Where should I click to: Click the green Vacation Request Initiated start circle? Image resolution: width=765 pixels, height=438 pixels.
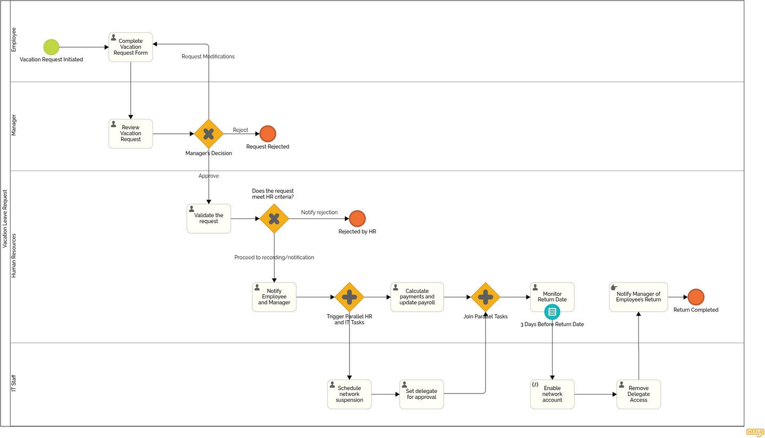point(51,47)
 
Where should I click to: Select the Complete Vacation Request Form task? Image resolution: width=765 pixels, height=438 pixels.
point(131,47)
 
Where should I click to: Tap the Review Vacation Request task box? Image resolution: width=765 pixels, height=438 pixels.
point(131,134)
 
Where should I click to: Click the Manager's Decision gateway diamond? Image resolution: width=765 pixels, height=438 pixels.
point(209,134)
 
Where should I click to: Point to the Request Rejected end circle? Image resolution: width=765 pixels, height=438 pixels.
point(268,134)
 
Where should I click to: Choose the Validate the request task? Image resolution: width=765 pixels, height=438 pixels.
point(209,219)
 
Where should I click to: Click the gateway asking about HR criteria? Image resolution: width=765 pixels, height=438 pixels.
point(274,219)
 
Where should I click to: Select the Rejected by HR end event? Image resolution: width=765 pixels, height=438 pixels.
point(357,219)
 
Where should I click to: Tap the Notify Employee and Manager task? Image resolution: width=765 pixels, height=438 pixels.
point(274,297)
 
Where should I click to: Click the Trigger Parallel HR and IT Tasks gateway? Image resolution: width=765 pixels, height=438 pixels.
point(349,297)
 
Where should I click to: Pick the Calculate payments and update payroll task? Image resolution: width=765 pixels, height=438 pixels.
point(417,297)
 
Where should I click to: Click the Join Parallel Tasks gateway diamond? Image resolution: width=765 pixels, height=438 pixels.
point(486,297)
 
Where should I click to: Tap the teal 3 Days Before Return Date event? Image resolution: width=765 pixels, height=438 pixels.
point(552,312)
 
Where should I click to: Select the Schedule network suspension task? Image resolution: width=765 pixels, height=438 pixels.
point(349,394)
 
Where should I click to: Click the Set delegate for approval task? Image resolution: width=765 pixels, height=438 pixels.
point(421,394)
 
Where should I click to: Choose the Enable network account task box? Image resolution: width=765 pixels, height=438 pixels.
point(552,394)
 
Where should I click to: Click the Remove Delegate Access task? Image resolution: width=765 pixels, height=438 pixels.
point(639,394)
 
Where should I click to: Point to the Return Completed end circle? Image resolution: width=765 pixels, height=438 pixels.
point(696,297)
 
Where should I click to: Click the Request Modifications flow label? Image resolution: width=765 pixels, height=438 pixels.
point(208,57)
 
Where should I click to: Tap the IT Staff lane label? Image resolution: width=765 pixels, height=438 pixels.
point(14,383)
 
